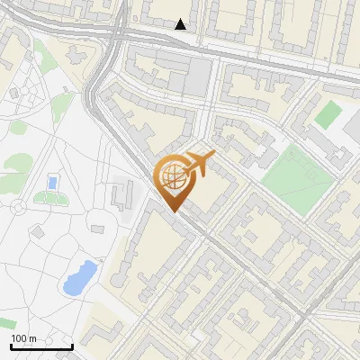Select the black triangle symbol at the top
click(181, 24)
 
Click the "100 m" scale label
click(23, 338)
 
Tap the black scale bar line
click(40, 346)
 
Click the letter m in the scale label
click(31, 338)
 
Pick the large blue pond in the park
click(79, 277)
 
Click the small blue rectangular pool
click(52, 184)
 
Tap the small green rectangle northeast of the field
click(329, 114)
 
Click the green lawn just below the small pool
click(50, 197)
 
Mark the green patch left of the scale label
click(5, 323)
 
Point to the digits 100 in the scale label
click(18, 338)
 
